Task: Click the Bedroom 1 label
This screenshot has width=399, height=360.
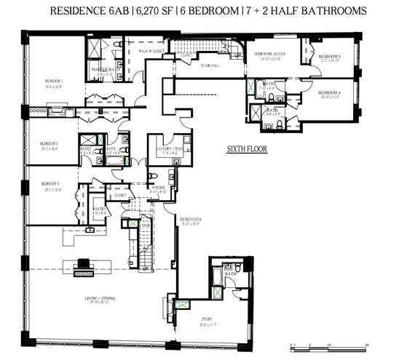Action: point(52,81)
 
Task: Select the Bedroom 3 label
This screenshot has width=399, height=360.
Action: point(51,183)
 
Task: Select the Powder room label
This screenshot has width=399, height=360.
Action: point(158,188)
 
